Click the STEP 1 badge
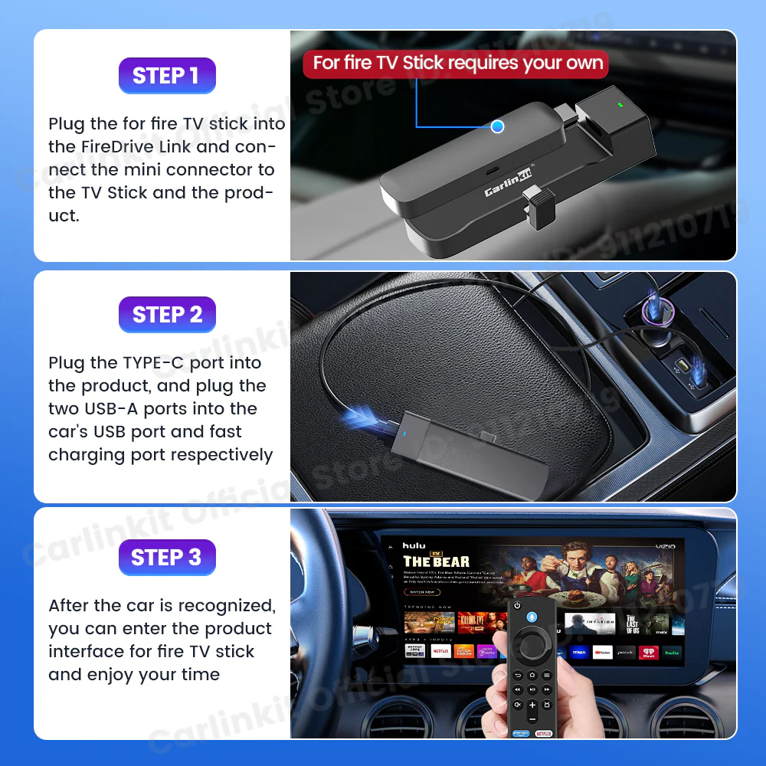tap(167, 76)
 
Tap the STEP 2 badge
tap(167, 315)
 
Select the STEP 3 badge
tap(167, 558)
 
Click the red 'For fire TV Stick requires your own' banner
tap(456, 63)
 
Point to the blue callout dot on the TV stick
tap(497, 126)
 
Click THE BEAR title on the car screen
tap(437, 561)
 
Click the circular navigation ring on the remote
tap(532, 642)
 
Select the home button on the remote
tap(532, 675)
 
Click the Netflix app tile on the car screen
tap(440, 651)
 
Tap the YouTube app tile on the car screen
tap(602, 653)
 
